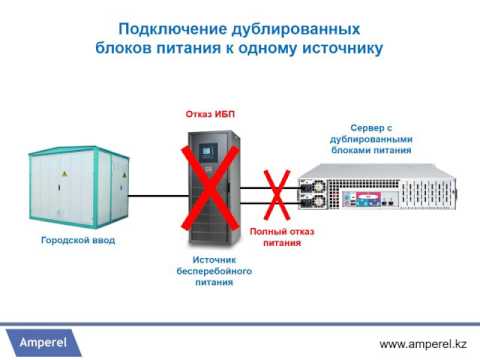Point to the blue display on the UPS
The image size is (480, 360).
207,153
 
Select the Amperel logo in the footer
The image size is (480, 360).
50,342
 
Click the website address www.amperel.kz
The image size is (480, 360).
421,343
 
